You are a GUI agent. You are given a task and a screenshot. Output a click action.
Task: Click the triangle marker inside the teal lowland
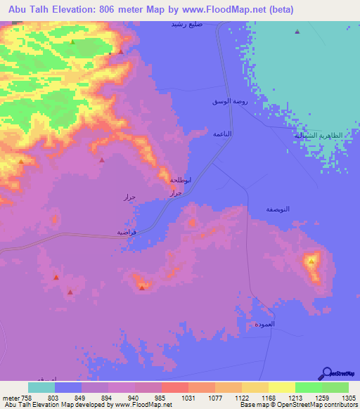(297, 32)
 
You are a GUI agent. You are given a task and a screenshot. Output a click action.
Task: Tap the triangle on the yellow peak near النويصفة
(311, 261)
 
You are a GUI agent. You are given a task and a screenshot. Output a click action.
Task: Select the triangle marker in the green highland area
(72, 41)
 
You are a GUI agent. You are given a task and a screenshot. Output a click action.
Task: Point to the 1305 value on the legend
(348, 397)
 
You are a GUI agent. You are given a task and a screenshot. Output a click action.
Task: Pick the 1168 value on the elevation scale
(267, 397)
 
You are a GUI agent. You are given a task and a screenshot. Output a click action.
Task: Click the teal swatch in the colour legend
(41, 387)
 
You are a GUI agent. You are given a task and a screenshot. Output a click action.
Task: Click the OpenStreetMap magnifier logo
(328, 373)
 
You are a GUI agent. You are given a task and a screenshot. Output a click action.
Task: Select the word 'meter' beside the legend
(10, 397)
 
